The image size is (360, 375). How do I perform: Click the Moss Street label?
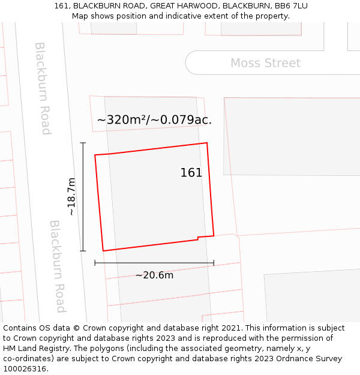pos(265,63)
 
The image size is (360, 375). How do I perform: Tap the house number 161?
pos(191,173)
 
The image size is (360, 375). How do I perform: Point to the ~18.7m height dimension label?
pos(71,197)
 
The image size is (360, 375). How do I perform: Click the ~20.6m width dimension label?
pos(154,275)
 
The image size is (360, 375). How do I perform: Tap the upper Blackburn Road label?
pos(43,88)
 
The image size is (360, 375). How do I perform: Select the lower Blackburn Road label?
pos(58,266)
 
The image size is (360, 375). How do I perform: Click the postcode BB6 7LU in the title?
pos(291,6)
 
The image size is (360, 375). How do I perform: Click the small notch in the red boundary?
pos(198,239)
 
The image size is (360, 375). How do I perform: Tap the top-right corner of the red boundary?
pos(207,143)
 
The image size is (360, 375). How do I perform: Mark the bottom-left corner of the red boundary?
pos(103,251)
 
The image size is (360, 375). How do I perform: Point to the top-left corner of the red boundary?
pos(95,155)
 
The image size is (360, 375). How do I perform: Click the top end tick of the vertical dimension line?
pos(83,143)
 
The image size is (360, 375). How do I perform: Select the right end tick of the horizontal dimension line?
pos(214,263)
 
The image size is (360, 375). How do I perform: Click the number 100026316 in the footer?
pos(25,369)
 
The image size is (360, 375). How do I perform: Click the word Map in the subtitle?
pos(80,16)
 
